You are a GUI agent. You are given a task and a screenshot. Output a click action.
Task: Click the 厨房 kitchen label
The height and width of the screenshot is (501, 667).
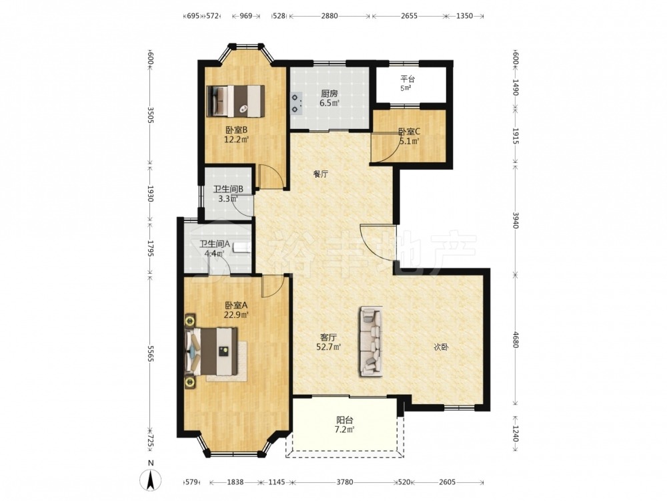329,94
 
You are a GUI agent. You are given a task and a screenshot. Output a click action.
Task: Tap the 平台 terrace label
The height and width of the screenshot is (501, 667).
407,79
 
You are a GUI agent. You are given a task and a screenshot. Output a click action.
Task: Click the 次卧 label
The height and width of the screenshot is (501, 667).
441,347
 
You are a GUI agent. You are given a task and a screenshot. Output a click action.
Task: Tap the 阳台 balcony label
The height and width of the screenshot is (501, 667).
345,420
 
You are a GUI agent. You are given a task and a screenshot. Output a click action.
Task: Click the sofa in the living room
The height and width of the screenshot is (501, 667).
372,341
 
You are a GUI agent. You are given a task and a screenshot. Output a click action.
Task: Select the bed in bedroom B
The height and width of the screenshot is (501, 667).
235,101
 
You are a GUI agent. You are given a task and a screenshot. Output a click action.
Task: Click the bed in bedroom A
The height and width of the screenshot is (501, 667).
211,351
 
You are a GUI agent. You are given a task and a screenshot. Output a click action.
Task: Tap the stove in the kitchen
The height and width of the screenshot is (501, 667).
296,104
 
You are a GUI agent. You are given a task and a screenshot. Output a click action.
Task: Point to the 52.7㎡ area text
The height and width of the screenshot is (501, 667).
329,346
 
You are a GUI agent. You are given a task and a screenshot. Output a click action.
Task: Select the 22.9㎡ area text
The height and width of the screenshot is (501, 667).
236,315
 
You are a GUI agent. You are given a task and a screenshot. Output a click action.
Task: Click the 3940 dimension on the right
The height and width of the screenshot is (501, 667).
515,220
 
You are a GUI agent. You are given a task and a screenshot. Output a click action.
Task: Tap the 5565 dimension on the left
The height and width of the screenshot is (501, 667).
150,353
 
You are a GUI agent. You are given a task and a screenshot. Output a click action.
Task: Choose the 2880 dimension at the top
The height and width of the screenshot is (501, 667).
329,16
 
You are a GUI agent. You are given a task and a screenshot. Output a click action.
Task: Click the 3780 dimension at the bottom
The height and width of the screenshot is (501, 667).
345,482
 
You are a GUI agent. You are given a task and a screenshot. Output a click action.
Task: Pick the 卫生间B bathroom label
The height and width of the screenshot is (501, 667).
228,189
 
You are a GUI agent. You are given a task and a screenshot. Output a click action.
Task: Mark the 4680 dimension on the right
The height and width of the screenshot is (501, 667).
515,339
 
